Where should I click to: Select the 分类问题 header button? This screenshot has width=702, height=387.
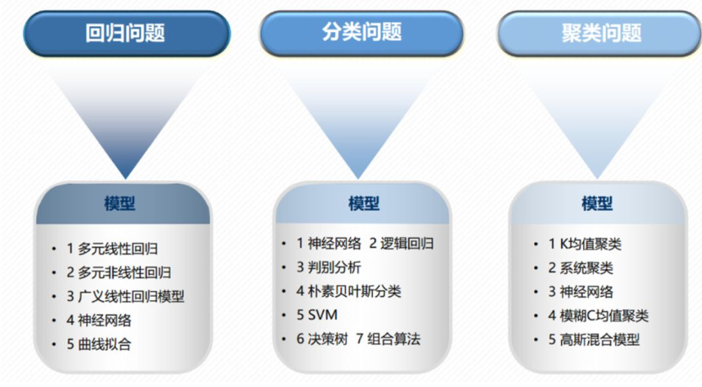tap(361, 34)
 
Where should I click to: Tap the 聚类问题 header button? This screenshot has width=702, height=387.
tap(601, 34)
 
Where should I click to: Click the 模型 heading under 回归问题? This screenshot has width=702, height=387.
tap(120, 204)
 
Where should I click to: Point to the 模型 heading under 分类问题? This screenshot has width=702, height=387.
tap(363, 204)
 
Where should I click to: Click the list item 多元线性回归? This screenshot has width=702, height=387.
tap(117, 249)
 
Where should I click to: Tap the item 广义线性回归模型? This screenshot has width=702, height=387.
tap(131, 296)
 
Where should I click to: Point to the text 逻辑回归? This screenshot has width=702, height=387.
tap(408, 244)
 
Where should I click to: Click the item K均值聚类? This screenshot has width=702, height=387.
tap(588, 245)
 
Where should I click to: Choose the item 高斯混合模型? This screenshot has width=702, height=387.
tap(602, 340)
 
